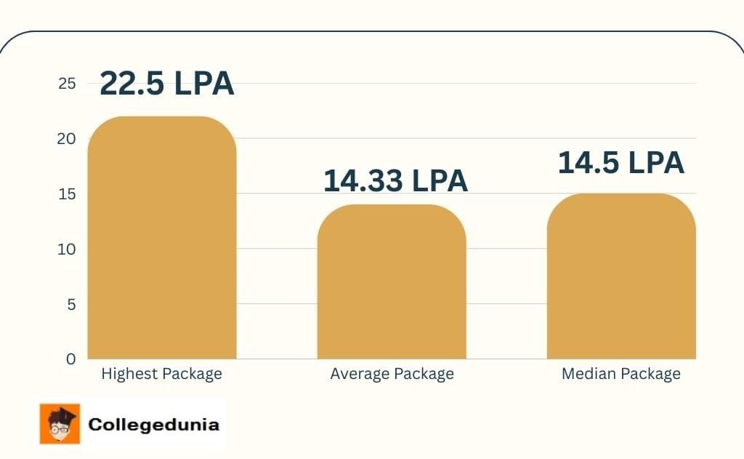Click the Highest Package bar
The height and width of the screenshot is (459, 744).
click(x=162, y=240)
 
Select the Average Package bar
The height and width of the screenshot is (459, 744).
click(x=392, y=284)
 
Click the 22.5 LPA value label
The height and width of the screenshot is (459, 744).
click(x=166, y=84)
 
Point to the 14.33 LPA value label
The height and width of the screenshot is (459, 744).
click(x=395, y=180)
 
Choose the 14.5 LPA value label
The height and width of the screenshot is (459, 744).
click(x=620, y=163)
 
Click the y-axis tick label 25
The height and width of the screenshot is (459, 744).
click(x=67, y=84)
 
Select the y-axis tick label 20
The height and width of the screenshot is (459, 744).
click(x=67, y=139)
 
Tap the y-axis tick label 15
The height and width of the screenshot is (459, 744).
click(x=67, y=194)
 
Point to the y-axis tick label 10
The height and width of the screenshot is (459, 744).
click(x=67, y=250)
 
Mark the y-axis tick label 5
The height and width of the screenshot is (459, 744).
click(x=71, y=305)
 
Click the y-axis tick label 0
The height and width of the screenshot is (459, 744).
click(x=70, y=359)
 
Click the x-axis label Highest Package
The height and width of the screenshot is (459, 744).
click(x=161, y=375)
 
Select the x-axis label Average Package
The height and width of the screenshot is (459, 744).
click(x=392, y=375)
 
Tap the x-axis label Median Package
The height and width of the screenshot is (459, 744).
click(x=620, y=375)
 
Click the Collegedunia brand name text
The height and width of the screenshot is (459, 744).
click(x=153, y=425)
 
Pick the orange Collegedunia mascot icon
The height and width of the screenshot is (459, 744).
click(x=60, y=424)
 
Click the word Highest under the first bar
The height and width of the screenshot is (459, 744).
click(x=129, y=375)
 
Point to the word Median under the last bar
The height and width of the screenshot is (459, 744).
click(x=587, y=375)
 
